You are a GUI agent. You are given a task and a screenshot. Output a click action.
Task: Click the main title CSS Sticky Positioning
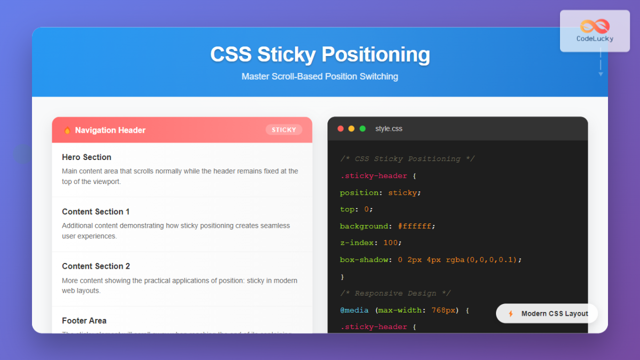point(320,55)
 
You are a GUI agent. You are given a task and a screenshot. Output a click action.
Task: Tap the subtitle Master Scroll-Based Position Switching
point(319,76)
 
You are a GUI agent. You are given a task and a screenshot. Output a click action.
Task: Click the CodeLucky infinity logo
point(595,26)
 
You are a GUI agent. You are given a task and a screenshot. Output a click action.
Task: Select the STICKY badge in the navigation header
point(284,130)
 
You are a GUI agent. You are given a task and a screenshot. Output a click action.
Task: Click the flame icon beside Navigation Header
point(67,130)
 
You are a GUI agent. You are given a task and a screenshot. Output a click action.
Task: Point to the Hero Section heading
point(86,157)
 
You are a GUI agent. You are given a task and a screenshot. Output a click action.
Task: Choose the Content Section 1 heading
point(95,212)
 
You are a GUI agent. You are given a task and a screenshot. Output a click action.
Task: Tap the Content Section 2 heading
point(95,266)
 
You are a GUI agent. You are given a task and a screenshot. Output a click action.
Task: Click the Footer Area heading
point(84,321)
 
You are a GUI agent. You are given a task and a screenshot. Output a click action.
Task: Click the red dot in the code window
point(341,129)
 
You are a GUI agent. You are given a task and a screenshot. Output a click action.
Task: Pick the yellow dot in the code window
point(351,129)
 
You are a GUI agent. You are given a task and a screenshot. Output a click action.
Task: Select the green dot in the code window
point(363,129)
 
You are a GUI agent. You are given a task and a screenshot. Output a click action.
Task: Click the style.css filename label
point(389,129)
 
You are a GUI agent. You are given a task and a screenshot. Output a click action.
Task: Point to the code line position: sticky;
point(380,193)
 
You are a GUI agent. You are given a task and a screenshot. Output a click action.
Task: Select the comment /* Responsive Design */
point(395,293)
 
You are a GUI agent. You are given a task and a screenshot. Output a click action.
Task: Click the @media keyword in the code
point(354,310)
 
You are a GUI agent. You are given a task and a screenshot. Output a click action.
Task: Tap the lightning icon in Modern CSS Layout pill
point(510,314)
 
